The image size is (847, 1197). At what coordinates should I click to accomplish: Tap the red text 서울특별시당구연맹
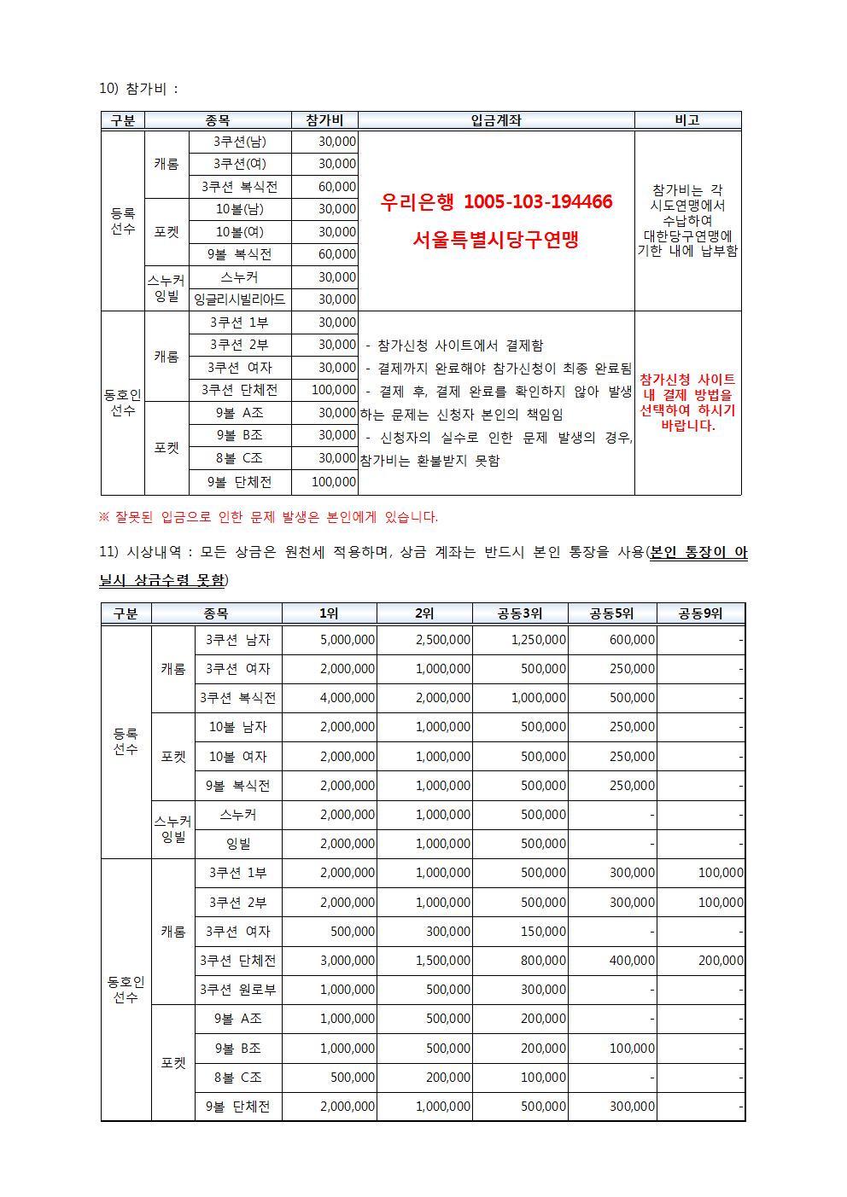click(x=495, y=241)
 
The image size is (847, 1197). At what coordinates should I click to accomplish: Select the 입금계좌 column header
click(x=495, y=120)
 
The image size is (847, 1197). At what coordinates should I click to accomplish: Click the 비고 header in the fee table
click(x=686, y=120)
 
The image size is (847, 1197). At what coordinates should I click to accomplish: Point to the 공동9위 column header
click(x=700, y=613)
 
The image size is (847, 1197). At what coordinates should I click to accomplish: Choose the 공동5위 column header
click(x=611, y=613)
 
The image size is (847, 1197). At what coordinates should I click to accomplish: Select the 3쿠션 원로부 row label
click(x=237, y=990)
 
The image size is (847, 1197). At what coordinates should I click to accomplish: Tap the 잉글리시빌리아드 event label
click(x=240, y=299)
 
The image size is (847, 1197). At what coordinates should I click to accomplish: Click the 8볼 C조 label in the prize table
click(x=237, y=1078)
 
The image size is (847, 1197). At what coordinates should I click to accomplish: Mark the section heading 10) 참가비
click(x=139, y=89)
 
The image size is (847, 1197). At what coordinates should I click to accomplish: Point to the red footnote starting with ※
click(x=269, y=517)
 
